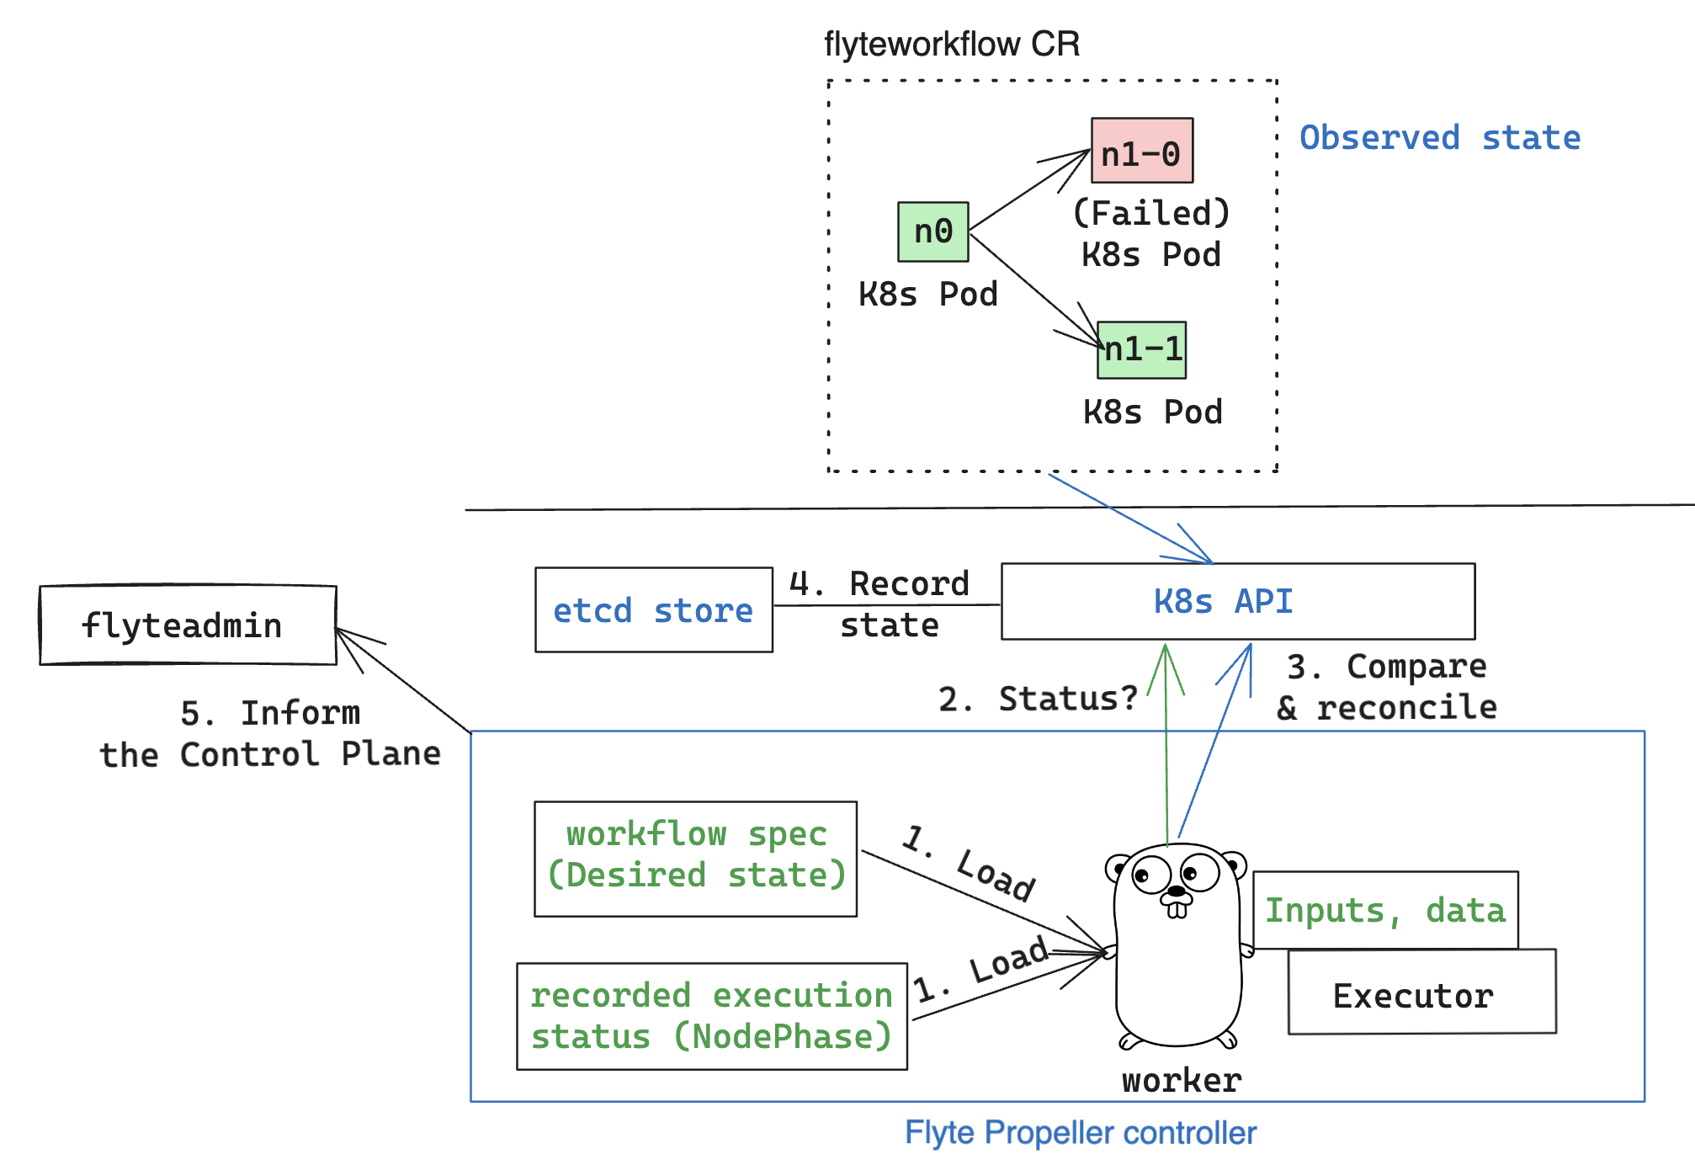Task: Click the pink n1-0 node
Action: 1141,151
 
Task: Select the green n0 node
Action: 933,231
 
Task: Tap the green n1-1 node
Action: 1141,349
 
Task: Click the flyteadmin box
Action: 188,625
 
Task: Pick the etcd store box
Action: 653,609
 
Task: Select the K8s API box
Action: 1237,601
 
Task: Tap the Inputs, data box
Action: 1384,910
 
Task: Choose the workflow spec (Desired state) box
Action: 695,858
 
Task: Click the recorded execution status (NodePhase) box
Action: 711,1016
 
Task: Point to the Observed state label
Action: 1439,137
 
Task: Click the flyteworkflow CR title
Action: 951,44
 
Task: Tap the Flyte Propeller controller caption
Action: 1080,1132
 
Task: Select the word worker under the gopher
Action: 1181,1080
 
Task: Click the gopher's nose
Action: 1177,898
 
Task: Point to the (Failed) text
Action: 1150,213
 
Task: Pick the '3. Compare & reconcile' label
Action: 1387,687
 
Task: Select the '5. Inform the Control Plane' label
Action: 270,733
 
